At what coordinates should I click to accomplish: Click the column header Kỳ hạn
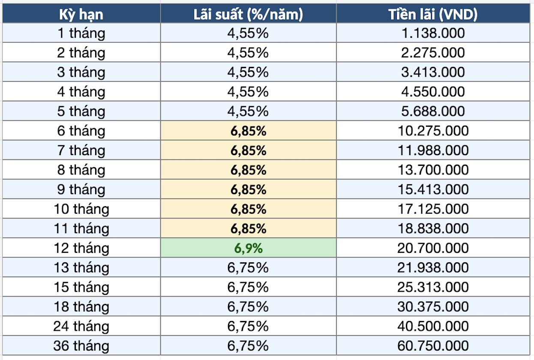coord(81,15)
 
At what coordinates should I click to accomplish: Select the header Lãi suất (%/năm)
coord(248,14)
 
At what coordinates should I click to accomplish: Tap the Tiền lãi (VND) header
coord(433,14)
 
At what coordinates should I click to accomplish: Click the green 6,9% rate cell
coord(249,248)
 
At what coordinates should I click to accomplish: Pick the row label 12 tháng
coord(81,249)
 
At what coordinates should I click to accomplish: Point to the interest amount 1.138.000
coord(433,33)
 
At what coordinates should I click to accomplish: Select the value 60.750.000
coord(433,346)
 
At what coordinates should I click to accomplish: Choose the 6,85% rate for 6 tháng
coord(249,131)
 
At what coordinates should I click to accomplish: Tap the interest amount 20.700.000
coord(433,248)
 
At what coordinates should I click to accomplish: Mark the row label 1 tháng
coord(81,33)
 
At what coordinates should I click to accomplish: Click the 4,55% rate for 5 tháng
coord(248,111)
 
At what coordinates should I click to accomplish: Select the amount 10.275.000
coord(433,131)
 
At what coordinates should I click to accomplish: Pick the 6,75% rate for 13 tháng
coord(248,268)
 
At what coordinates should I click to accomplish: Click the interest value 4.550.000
coord(433,92)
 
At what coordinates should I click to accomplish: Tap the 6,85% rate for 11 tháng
coord(249,229)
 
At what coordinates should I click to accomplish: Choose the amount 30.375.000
coord(433,306)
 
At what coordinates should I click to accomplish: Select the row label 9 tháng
coord(81,190)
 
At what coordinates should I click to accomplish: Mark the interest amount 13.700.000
coord(433,170)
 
